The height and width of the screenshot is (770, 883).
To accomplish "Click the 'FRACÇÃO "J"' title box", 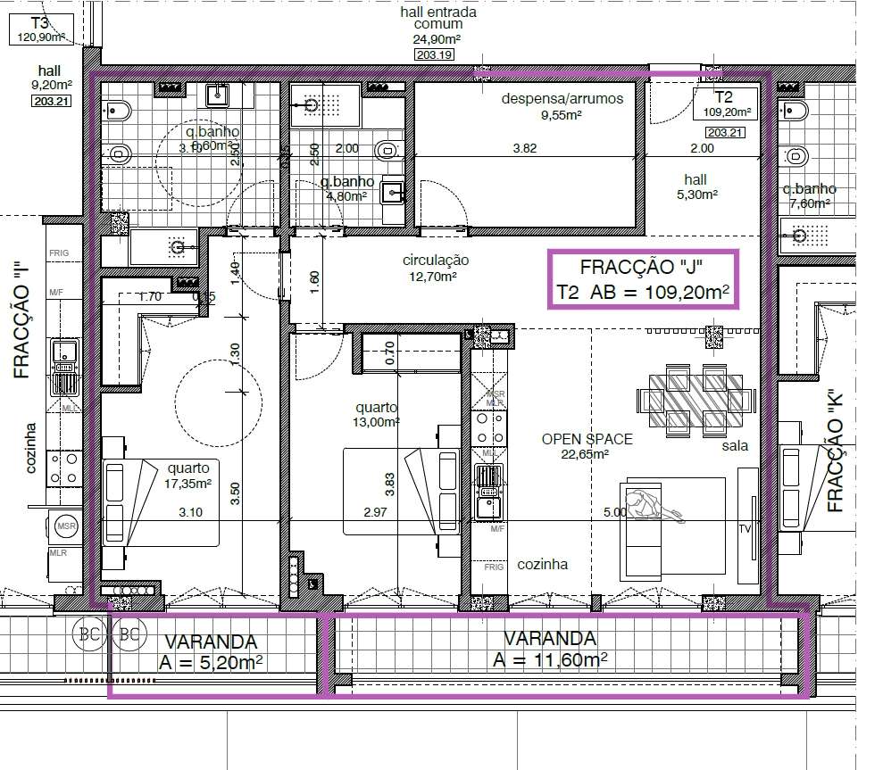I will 643,279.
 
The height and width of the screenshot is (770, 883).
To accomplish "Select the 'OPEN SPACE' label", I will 587,439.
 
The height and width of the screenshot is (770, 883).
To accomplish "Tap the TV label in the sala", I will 745,529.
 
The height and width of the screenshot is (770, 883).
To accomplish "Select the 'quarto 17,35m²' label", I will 187,475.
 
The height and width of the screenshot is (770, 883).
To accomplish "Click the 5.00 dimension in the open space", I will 614,512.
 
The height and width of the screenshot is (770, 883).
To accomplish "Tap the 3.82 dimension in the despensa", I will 524,149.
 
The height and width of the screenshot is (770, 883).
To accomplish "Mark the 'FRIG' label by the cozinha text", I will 494,566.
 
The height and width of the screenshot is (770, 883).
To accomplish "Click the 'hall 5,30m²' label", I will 695,186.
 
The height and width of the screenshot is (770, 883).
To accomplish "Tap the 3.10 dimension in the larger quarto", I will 191,512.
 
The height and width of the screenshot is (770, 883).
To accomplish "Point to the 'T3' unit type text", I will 39,22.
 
